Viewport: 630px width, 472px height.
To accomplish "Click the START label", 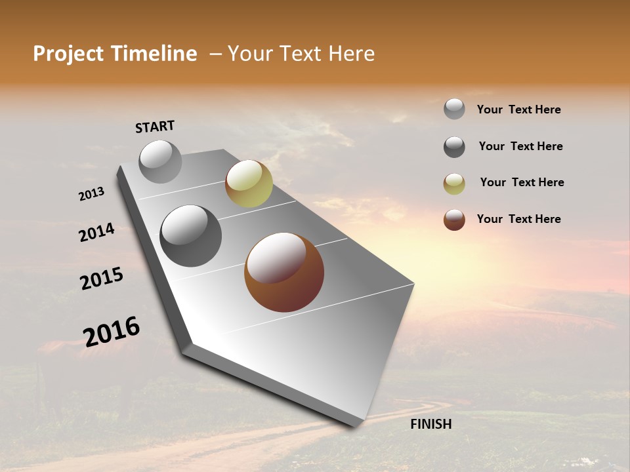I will (155, 127).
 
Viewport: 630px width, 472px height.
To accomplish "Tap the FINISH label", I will (430, 424).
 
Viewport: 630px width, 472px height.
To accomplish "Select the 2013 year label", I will (91, 194).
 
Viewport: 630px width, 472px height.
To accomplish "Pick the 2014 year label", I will (96, 232).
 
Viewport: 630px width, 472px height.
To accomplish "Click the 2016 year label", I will (112, 332).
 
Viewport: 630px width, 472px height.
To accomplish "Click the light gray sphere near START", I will (160, 161).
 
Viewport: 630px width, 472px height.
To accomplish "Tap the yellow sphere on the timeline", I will (249, 184).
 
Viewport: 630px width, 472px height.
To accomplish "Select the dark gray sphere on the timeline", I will (190, 235).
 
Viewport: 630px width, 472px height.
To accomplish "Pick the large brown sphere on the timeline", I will (284, 272).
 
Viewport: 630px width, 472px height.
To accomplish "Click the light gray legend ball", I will (454, 109).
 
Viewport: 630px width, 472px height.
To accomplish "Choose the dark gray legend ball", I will (454, 147).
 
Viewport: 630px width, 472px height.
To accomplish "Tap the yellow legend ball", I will (454, 184).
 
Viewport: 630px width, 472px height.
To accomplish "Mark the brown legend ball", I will (454, 220).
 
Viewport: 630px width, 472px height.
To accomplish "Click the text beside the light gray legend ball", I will (518, 110).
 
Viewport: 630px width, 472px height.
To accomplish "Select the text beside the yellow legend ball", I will (522, 182).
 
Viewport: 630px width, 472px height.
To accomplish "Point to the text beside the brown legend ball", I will (518, 219).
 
